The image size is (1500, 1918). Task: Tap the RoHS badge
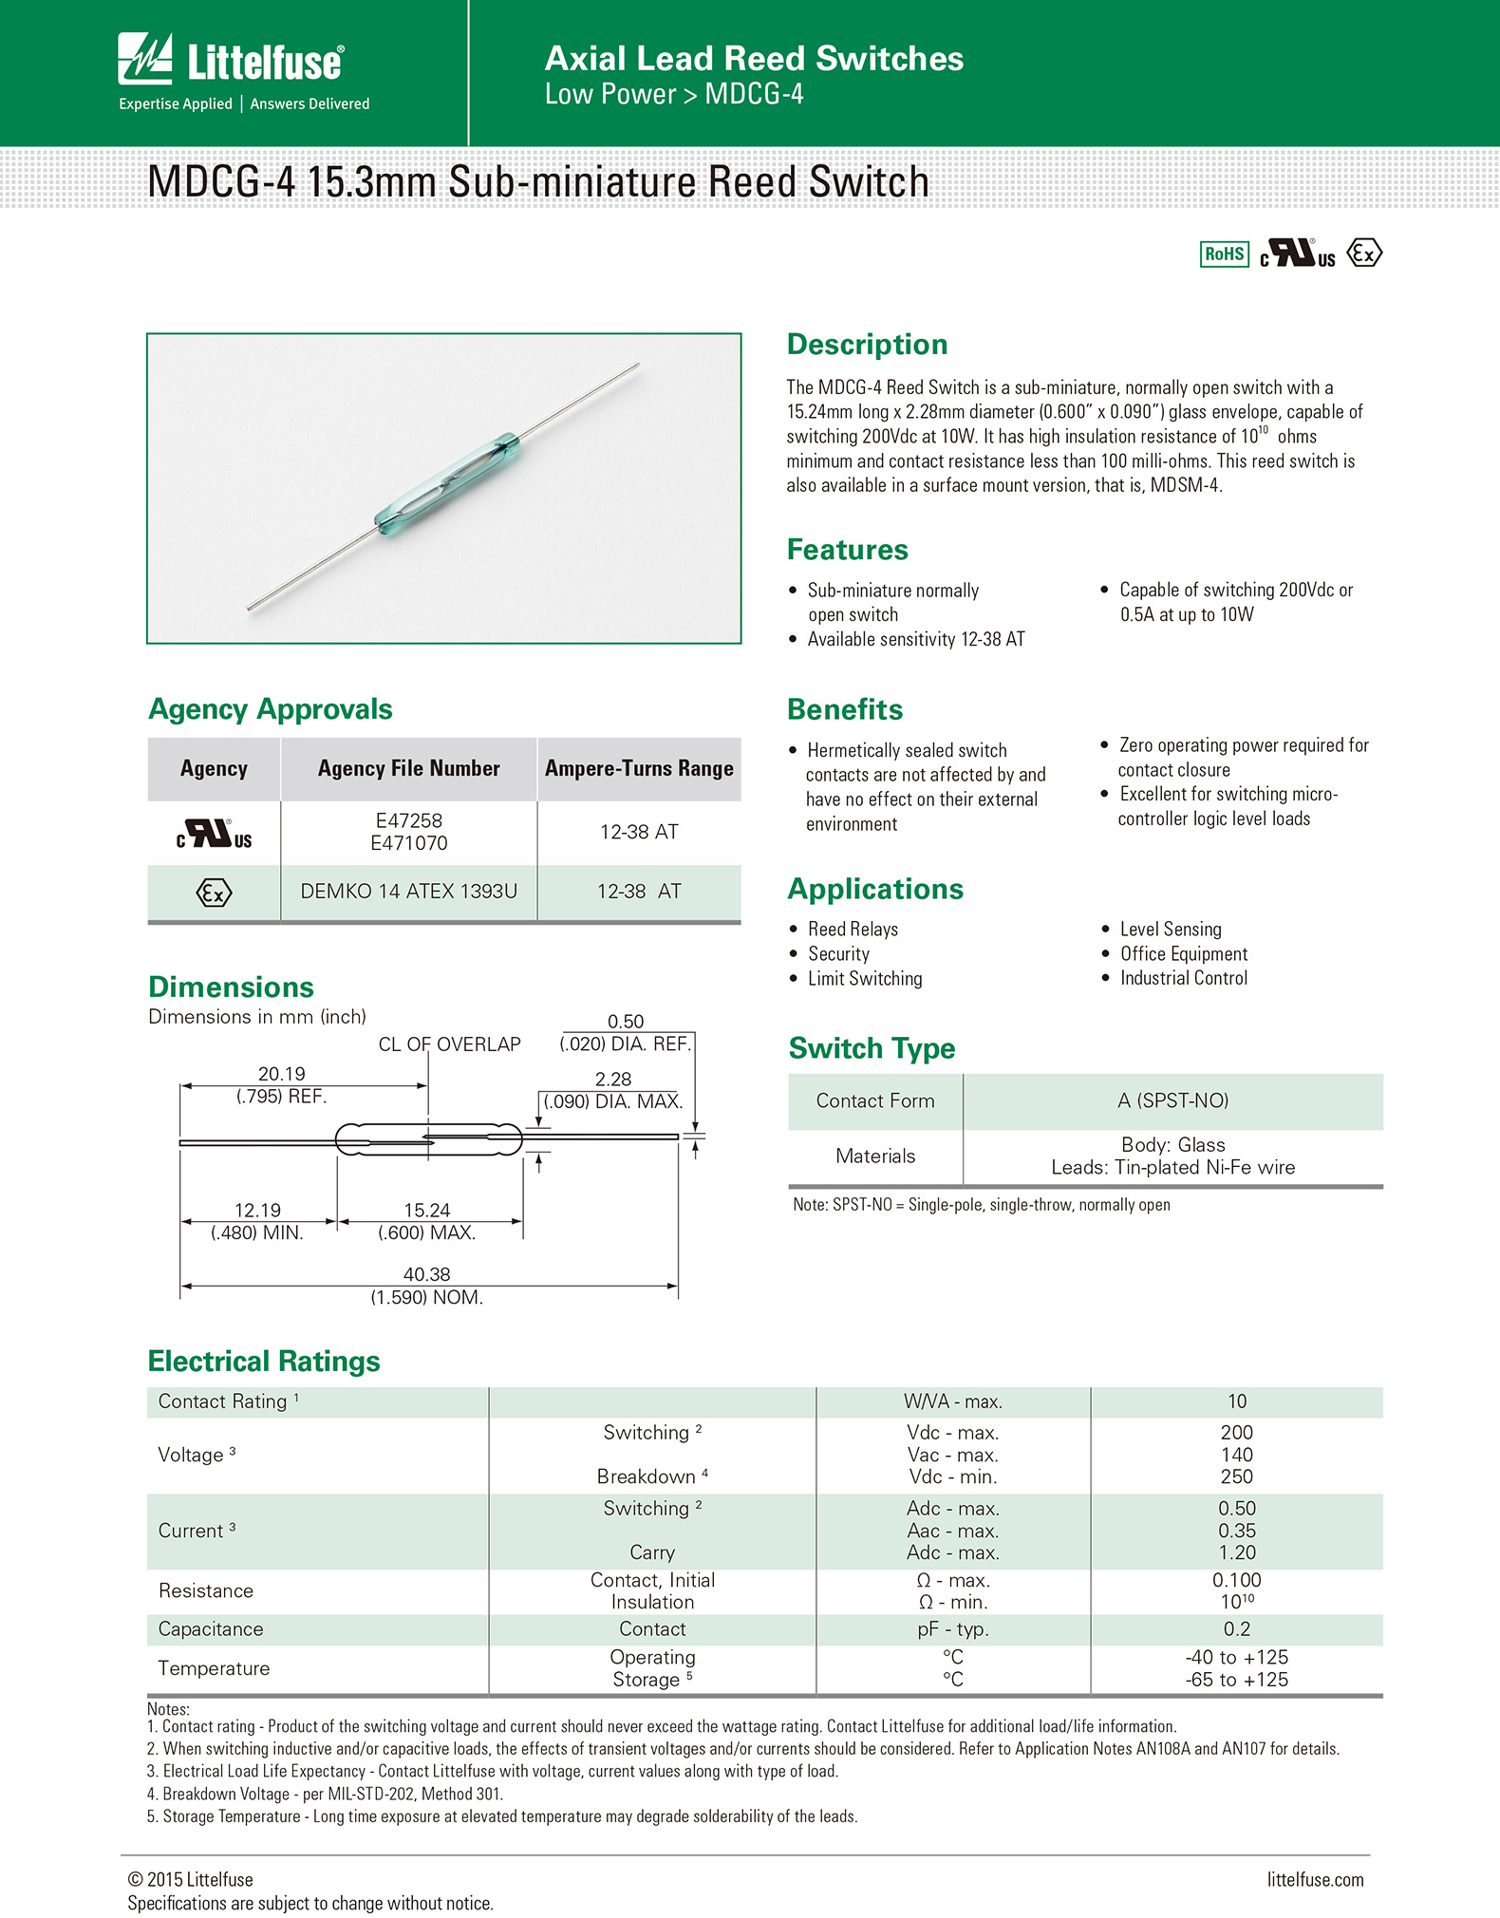[1224, 254]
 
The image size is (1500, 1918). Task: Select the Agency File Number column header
[408, 768]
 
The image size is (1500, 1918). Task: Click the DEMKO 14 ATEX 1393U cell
[408, 891]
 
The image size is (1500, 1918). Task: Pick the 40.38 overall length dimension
[426, 1274]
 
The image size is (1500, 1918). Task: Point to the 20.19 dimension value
[282, 1073]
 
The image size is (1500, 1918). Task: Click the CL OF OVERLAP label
[449, 1044]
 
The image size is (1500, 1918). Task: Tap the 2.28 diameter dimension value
[613, 1079]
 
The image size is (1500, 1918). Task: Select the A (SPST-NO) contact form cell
[1172, 1100]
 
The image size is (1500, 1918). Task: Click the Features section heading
[847, 550]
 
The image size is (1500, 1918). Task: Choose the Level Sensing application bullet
[1170, 929]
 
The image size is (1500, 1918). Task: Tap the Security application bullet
[838, 953]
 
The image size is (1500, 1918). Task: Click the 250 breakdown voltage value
[1236, 1476]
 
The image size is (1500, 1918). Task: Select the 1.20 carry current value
[1236, 1552]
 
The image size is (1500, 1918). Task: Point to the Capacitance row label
[211, 1628]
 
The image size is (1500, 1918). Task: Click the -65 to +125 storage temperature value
[1236, 1679]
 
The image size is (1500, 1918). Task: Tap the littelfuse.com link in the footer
[1315, 1879]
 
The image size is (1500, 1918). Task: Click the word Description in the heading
[867, 344]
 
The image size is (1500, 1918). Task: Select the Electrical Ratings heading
[264, 1361]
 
